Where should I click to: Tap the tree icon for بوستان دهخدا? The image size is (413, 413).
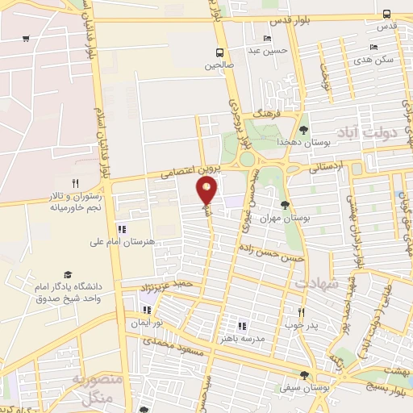point(303,130)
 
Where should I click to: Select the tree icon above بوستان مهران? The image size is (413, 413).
point(285,206)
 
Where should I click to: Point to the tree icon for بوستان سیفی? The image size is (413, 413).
point(304,375)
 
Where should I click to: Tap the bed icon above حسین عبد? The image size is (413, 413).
point(267,39)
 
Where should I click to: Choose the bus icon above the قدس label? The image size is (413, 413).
point(387,14)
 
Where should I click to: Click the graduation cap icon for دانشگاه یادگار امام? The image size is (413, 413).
point(69,275)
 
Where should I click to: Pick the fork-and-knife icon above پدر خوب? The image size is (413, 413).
point(301,311)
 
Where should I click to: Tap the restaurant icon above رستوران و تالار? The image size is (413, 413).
point(75,183)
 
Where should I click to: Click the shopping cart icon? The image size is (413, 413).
point(27,39)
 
